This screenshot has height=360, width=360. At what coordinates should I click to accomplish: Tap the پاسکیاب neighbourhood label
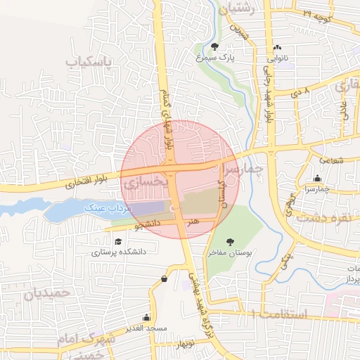coord(89,63)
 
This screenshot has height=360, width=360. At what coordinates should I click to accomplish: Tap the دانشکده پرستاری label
coord(119,251)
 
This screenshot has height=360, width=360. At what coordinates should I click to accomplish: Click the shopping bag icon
coord(164,278)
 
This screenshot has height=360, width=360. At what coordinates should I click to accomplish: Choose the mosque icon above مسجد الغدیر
coord(146,317)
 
